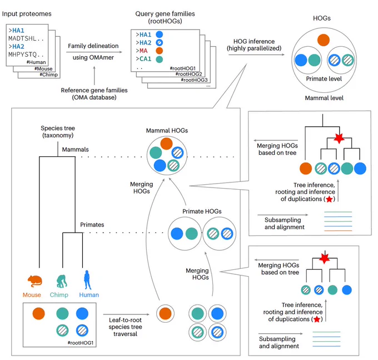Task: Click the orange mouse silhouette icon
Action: [34, 281]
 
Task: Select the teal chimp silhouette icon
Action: [62, 282]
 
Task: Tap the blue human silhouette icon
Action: [87, 280]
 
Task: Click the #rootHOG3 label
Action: [194, 80]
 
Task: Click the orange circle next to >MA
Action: [160, 51]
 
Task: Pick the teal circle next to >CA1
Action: [160, 59]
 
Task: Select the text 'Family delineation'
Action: [93, 46]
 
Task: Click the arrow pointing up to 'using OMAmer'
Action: [94, 76]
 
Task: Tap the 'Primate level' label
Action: [324, 78]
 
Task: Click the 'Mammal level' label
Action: [324, 98]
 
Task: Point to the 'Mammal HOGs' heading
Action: [167, 131]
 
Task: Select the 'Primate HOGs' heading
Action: [202, 211]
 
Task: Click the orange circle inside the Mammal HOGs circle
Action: [166, 144]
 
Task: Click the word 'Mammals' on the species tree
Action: [76, 150]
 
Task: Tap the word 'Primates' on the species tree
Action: [92, 225]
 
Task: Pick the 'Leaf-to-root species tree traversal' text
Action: [125, 327]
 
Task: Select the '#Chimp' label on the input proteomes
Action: [49, 75]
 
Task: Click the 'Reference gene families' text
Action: [94, 90]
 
